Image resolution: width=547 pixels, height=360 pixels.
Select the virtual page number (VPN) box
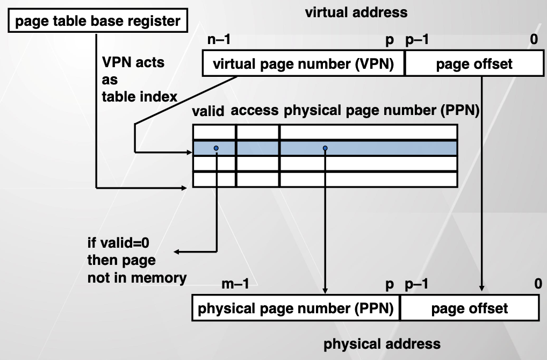pyautogui.click(x=304, y=64)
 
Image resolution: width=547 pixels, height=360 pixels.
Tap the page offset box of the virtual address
pyautogui.click(x=474, y=64)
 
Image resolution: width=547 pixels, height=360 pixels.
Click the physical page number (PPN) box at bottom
pyautogui.click(x=296, y=309)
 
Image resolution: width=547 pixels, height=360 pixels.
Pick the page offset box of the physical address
pyautogui.click(x=470, y=309)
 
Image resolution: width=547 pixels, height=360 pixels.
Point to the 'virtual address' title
pyautogui.click(x=356, y=12)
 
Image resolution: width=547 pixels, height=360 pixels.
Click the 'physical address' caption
pyautogui.click(x=382, y=344)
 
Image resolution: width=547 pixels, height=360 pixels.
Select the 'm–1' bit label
pyautogui.click(x=235, y=285)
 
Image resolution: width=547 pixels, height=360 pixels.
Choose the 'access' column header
pyautogui.click(x=255, y=111)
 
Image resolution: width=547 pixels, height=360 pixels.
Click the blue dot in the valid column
pyautogui.click(x=216, y=148)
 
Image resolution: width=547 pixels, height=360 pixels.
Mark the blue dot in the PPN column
pyautogui.click(x=325, y=148)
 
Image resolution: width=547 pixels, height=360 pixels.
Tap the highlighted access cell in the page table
pyautogui.click(x=257, y=148)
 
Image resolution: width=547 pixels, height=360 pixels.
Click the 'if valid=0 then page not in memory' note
pyautogui.click(x=136, y=261)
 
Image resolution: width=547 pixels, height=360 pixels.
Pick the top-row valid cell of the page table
pyautogui.click(x=214, y=132)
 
